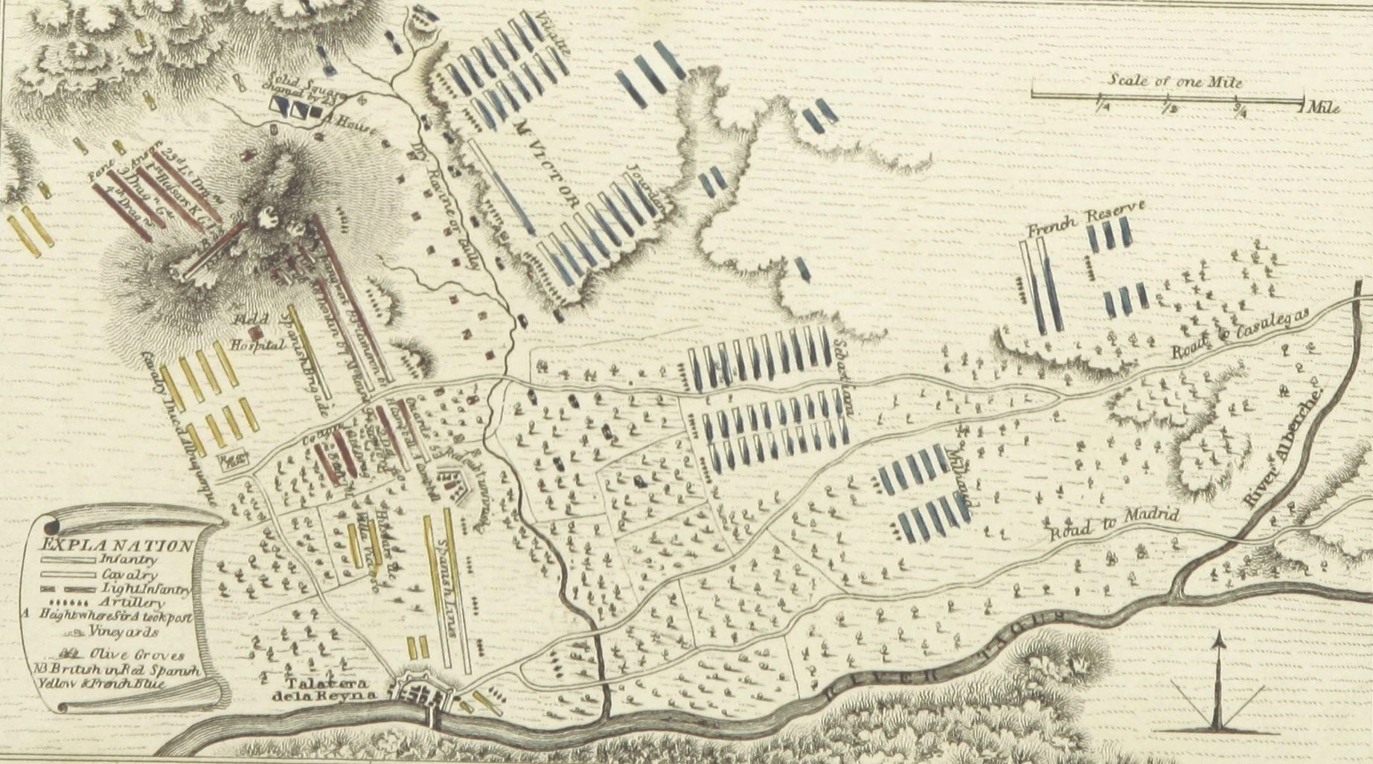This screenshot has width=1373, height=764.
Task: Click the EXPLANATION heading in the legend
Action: (x=118, y=545)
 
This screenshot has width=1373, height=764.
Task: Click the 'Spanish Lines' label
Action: (x=451, y=588)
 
